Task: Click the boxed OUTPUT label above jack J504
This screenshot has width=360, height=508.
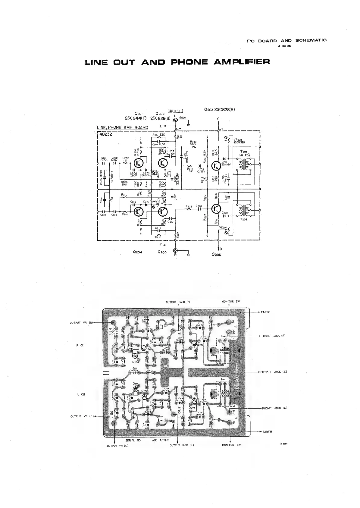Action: coord(175,110)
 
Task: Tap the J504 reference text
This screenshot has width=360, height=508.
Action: coord(183,118)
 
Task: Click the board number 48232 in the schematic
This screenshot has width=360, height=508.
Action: coord(106,134)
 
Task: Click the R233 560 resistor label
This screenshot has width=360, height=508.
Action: coord(193,143)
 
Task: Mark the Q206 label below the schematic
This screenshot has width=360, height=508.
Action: coord(216,255)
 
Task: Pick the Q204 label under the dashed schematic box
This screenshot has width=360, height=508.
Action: coord(137,252)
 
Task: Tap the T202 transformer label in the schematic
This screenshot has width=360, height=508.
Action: coord(244,220)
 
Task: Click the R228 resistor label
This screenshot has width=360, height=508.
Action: coord(189,206)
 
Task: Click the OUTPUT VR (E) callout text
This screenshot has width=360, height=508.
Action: coord(80,416)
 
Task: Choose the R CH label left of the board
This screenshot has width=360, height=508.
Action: coord(80,346)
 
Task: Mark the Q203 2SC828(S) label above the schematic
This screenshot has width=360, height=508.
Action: coord(219,109)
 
